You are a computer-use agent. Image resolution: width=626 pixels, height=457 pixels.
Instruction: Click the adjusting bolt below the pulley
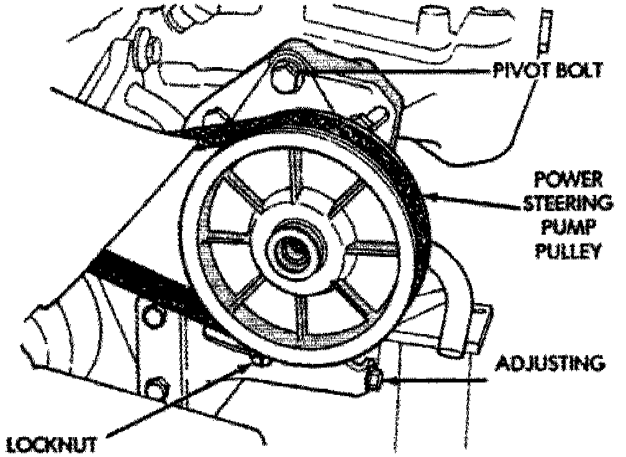[373, 378]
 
